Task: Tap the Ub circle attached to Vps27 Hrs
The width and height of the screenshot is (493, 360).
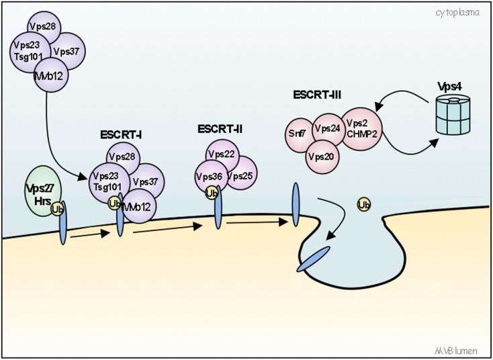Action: tap(58, 210)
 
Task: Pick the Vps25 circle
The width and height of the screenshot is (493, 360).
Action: tap(240, 176)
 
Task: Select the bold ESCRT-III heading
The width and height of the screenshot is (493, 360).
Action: tap(317, 95)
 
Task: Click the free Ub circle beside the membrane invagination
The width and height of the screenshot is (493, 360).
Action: tap(365, 204)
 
